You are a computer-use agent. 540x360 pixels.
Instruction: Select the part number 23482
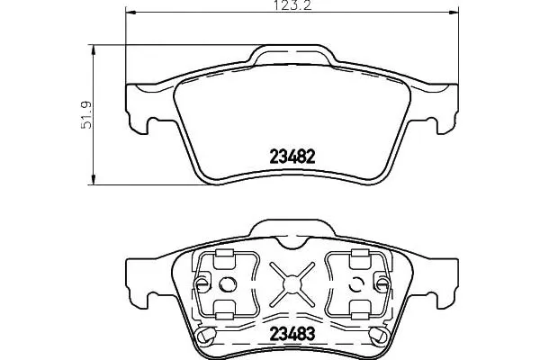point(292,155)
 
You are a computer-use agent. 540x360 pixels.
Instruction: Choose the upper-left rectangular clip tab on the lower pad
point(225,259)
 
